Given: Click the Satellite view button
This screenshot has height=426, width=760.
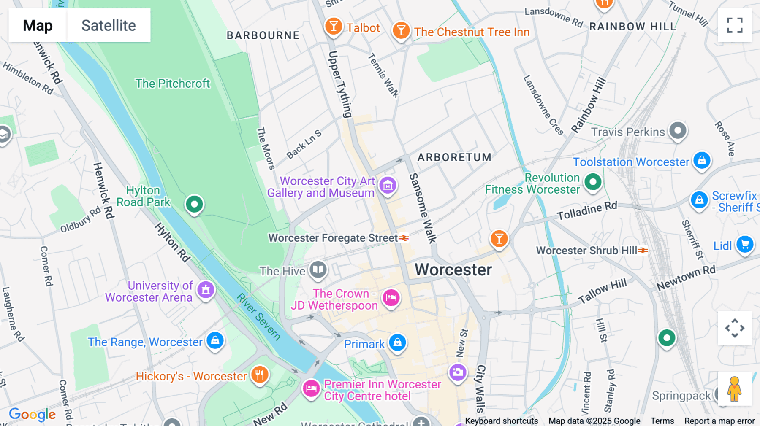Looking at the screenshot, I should [x=109, y=25].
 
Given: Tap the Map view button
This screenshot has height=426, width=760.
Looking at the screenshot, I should [x=38, y=25].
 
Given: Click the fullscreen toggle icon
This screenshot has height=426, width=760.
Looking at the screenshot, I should [x=735, y=25].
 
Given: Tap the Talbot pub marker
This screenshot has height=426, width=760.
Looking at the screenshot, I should [x=333, y=26].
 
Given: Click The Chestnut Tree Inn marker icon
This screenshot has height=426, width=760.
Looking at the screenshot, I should [x=401, y=30].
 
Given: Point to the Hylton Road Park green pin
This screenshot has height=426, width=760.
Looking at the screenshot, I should [x=194, y=205].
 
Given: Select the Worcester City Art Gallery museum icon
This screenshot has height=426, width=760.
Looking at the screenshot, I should [x=388, y=185].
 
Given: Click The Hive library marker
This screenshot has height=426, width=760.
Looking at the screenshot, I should [x=318, y=270].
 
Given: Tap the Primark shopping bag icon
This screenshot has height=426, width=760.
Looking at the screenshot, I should [x=397, y=342].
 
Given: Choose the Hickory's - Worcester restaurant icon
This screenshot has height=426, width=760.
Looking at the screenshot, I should [x=260, y=374].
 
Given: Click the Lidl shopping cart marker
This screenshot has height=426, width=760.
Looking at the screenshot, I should [x=745, y=244].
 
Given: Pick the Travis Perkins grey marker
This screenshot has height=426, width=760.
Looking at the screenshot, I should [x=678, y=131].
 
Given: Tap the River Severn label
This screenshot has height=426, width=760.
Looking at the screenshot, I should [x=258, y=316].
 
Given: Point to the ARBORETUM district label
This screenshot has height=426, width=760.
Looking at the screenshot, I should [x=454, y=157].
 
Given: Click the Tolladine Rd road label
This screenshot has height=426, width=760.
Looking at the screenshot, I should [x=587, y=210].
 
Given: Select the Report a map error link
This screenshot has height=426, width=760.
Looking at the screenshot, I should [x=719, y=421].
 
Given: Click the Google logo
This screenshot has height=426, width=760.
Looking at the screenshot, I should [x=32, y=415].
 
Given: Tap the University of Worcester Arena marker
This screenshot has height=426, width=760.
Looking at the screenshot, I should [x=206, y=290].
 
